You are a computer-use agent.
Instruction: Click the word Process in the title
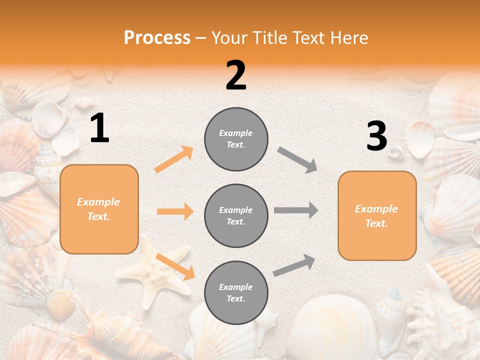pyautogui.click(x=157, y=38)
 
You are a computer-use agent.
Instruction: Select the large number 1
pyautogui.click(x=99, y=128)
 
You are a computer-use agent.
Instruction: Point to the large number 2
pyautogui.click(x=236, y=75)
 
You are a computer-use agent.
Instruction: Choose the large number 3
pyautogui.click(x=376, y=136)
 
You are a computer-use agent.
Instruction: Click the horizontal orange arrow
pyautogui.click(x=175, y=211)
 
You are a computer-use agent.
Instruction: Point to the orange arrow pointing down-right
pyautogui.click(x=175, y=266)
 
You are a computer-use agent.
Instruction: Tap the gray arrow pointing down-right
pyautogui.click(x=297, y=160)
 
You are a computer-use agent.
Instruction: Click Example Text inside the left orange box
pyautogui.click(x=98, y=209)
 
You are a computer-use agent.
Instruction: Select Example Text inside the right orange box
pyautogui.click(x=376, y=216)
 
